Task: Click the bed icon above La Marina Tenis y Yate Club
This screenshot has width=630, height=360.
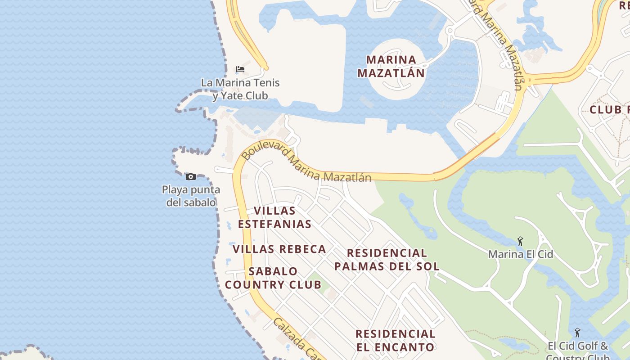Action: click(240, 69)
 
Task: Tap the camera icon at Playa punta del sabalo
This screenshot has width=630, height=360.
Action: click(191, 176)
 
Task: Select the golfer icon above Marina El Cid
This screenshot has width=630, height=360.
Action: click(520, 241)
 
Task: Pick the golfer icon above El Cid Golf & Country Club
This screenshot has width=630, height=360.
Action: click(577, 333)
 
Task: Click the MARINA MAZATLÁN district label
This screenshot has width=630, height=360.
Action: click(391, 66)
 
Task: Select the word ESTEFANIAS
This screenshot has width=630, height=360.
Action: click(274, 224)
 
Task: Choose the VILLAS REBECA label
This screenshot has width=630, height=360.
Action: click(279, 249)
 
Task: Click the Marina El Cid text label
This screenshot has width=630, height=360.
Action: click(520, 254)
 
